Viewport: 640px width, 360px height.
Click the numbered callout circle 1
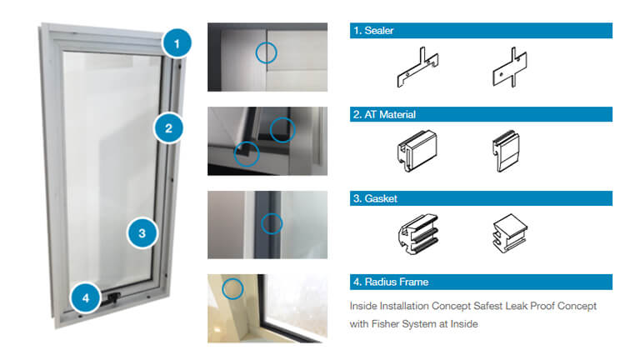pos(177,43)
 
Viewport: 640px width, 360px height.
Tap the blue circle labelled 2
pos(168,128)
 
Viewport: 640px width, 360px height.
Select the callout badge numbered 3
pos(142,233)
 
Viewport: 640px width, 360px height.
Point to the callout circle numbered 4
pos(86,298)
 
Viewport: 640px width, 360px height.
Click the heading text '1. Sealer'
pos(373,31)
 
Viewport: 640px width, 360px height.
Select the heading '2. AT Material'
pos(384,115)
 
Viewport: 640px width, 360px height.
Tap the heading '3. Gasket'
pos(375,199)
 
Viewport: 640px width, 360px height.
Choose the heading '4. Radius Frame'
pos(391,282)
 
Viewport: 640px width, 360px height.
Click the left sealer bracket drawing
pos(417,67)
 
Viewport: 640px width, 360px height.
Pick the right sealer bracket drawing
pos(510,67)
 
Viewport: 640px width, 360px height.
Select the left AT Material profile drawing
pos(417,151)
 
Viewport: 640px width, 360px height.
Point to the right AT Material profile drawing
pos(506,151)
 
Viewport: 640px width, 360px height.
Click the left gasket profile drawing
pos(418,234)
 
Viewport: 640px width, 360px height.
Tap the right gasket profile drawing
pos(510,233)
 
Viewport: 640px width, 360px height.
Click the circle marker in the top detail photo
pos(266,53)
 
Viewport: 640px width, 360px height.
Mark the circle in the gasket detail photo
pos(272,223)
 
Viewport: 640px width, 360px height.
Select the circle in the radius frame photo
pos(232,288)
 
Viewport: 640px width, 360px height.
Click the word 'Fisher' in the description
pos(385,324)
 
